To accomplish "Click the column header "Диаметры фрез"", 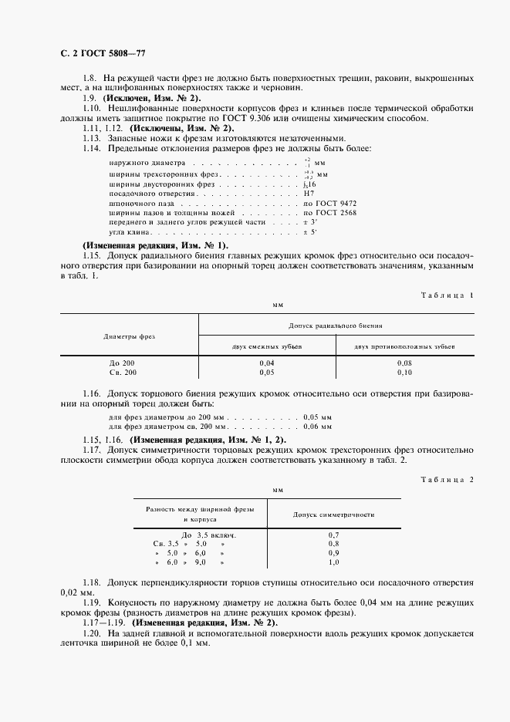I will click(x=130, y=336).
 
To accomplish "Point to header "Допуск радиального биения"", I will click(x=336, y=326).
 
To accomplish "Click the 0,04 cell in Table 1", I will click(x=267, y=363).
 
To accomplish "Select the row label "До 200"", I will click(x=123, y=363).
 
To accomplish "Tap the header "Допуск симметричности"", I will click(x=334, y=514).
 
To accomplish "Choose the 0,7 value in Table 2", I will click(x=334, y=535).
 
